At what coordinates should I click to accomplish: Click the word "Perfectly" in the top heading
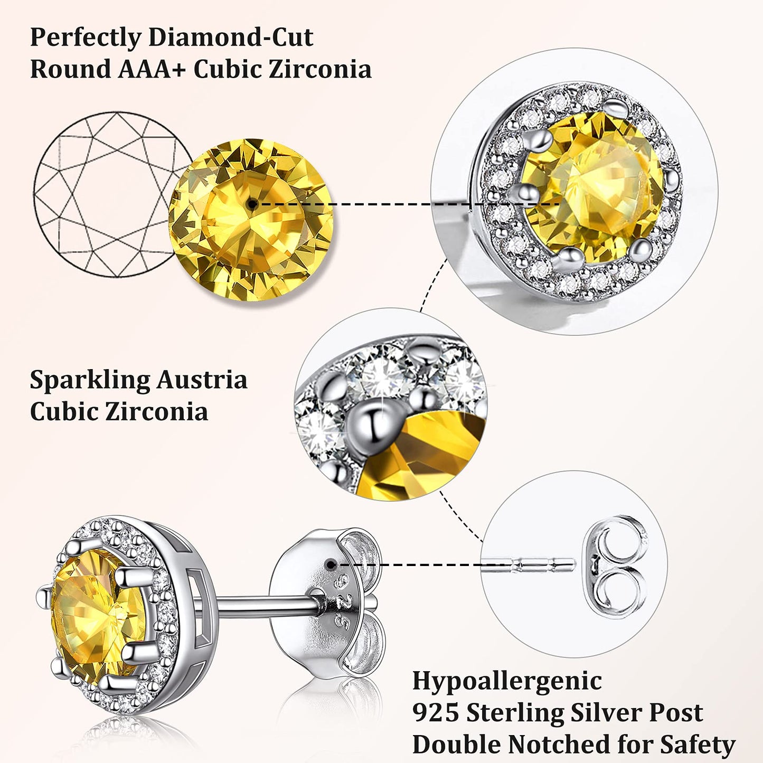[x=86, y=39]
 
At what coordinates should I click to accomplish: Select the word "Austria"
[x=202, y=380]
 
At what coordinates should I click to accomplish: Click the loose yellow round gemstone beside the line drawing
[x=251, y=220]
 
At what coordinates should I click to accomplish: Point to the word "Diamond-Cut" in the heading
[x=230, y=37]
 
